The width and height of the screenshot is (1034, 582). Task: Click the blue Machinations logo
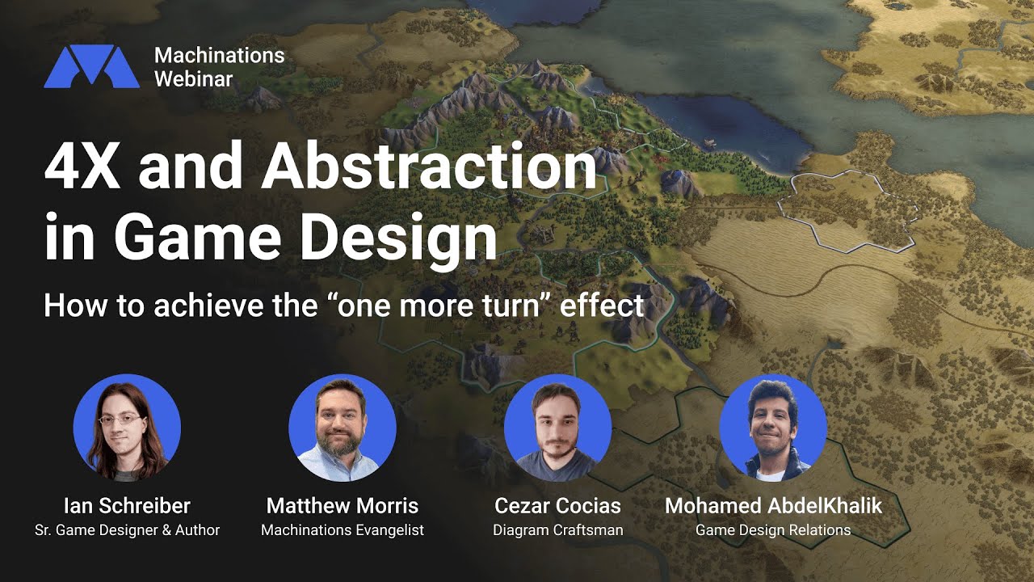click(x=91, y=66)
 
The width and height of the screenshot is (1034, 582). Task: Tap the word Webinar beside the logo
click(x=194, y=78)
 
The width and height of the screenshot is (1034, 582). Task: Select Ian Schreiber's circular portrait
click(x=127, y=428)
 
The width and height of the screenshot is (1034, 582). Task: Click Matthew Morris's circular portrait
click(x=343, y=428)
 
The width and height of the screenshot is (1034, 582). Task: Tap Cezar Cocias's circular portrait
click(x=557, y=428)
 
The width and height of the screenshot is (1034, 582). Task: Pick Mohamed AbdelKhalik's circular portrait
click(x=773, y=428)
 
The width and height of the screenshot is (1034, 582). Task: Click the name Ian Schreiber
click(x=127, y=506)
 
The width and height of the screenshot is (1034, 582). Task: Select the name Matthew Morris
click(x=343, y=506)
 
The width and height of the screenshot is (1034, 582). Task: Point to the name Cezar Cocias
click(x=557, y=506)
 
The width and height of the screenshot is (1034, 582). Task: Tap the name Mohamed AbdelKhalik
click(x=773, y=506)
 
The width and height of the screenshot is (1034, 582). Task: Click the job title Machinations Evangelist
click(x=343, y=530)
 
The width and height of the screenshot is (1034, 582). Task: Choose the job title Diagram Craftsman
click(x=557, y=530)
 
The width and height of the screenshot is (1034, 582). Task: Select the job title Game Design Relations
click(x=773, y=530)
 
